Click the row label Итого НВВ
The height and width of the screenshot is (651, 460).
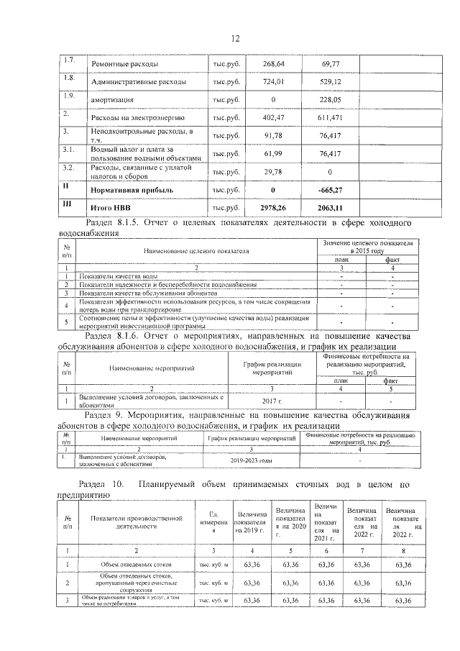[x=107, y=208]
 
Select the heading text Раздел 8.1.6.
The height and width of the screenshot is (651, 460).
[x=111, y=336]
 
